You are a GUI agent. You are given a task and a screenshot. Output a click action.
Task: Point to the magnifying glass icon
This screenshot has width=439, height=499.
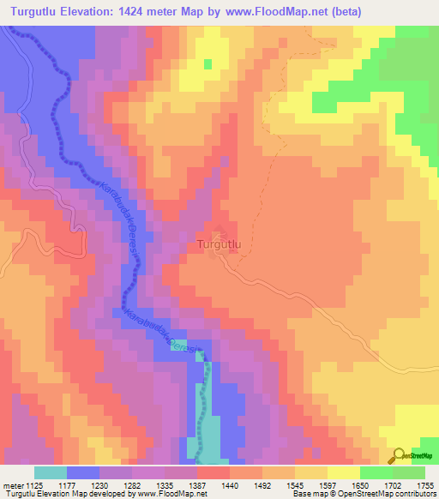pos(398,454)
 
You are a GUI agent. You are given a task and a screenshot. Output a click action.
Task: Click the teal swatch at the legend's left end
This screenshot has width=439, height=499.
pos(51,472)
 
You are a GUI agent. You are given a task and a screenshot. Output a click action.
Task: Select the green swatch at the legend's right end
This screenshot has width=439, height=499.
pos(409,472)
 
